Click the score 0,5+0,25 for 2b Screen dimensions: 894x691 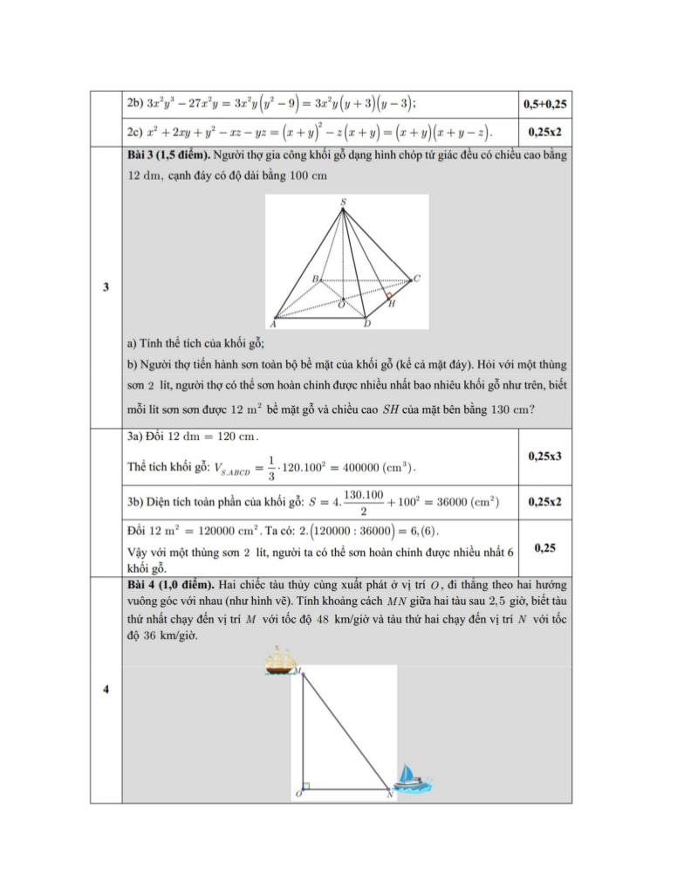[545, 104]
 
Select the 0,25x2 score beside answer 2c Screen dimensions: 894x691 [545, 132]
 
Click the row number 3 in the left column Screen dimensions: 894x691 [106, 287]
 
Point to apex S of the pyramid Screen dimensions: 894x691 [343, 203]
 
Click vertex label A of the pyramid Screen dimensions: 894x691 [273, 323]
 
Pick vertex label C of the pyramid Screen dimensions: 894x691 [417, 279]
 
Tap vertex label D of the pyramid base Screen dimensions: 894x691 [367, 324]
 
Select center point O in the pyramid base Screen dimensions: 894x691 [341, 302]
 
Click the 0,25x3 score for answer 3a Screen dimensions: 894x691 [545, 456]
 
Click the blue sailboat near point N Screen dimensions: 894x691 [411, 776]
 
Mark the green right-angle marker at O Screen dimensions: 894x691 [306, 786]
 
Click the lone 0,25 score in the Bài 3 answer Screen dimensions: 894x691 [545, 547]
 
